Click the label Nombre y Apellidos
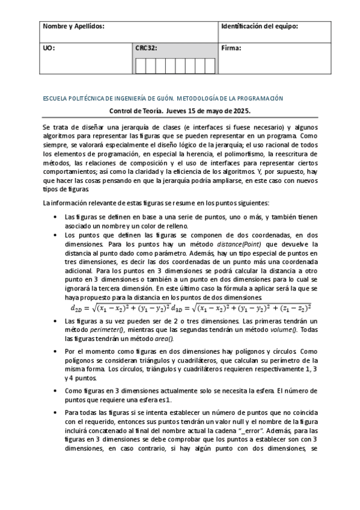click(x=73, y=27)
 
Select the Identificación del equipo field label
click(x=259, y=27)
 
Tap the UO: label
click(x=49, y=48)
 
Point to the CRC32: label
click(x=147, y=48)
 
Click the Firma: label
click(x=232, y=48)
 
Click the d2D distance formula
click(x=120, y=308)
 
